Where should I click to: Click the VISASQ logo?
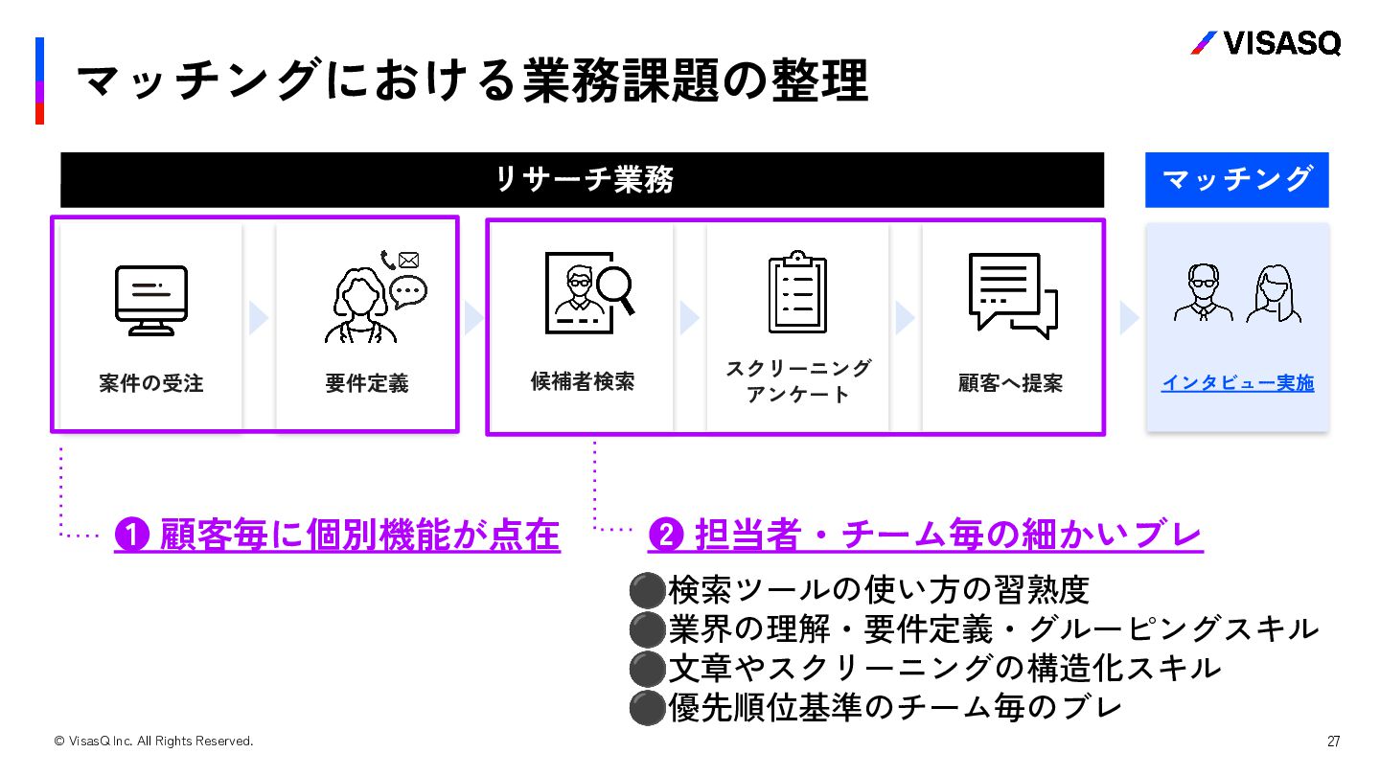pyautogui.click(x=1265, y=43)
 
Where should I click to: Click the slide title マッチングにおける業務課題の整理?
pyautogui.click(x=471, y=80)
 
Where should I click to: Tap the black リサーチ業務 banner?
pyautogui.click(x=582, y=180)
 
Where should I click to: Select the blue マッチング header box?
pyautogui.click(x=1236, y=179)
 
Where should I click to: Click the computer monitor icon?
pyautogui.click(x=151, y=300)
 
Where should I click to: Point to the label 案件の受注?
pyautogui.click(x=151, y=383)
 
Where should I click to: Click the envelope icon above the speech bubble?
pyautogui.click(x=409, y=260)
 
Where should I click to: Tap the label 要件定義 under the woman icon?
pyautogui.click(x=366, y=383)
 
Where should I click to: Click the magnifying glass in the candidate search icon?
pyautogui.click(x=615, y=288)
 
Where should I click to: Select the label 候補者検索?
pyautogui.click(x=583, y=381)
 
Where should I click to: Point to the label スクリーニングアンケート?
pyautogui.click(x=798, y=381)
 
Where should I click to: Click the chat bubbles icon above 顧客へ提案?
pyautogui.click(x=1012, y=295)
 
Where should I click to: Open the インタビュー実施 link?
pyautogui.click(x=1237, y=383)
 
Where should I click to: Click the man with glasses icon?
pyautogui.click(x=1204, y=293)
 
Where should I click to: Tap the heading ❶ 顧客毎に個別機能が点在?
pyautogui.click(x=336, y=535)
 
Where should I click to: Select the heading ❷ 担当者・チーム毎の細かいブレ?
pyautogui.click(x=925, y=535)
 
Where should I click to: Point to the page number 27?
pyautogui.click(x=1333, y=741)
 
